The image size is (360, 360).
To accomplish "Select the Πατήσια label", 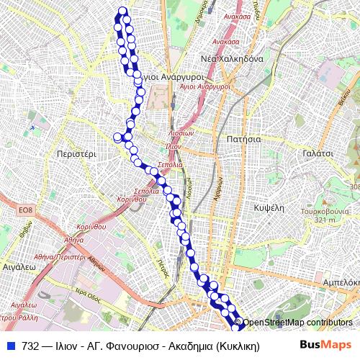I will [243, 138].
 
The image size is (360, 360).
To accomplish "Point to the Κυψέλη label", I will [271, 206].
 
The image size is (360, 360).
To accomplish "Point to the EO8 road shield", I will [26, 210].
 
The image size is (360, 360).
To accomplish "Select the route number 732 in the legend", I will [30, 345].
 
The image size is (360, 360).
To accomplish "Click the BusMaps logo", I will [326, 344].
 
